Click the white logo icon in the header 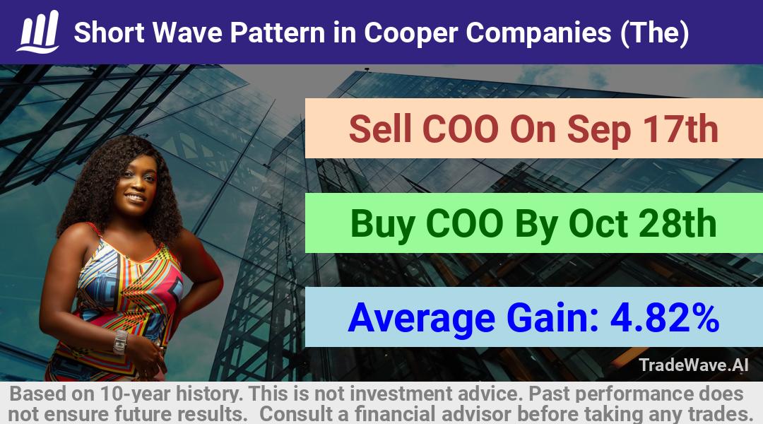pos(38,32)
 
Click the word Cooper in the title pos(410,33)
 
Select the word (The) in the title pos(654,33)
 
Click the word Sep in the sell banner pos(598,131)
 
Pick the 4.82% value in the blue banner pos(665,318)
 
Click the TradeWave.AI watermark pos(694,365)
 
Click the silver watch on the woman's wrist pos(120,342)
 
